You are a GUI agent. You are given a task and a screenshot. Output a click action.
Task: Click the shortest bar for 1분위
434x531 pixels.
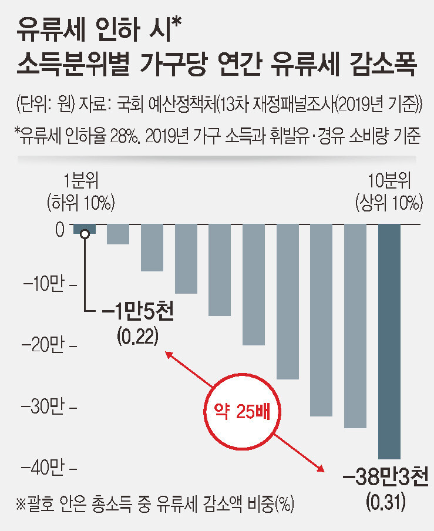84,228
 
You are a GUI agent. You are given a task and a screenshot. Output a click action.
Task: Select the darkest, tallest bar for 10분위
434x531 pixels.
389,341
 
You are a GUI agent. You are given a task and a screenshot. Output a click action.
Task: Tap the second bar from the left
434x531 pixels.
118,234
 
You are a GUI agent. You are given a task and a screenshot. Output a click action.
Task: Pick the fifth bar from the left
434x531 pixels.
220,270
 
